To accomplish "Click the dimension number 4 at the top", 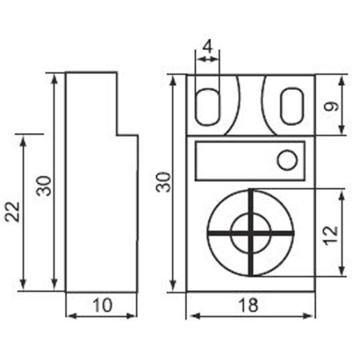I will tap(208, 46).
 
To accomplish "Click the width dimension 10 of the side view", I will tap(102, 305).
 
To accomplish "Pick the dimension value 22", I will tap(13, 211).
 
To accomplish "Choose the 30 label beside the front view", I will tap(164, 182).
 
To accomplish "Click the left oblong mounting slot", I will tap(208, 106).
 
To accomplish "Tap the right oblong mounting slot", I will tap(292, 106).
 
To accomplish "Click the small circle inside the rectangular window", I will tap(287, 160).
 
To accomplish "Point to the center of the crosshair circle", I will tap(250, 232).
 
